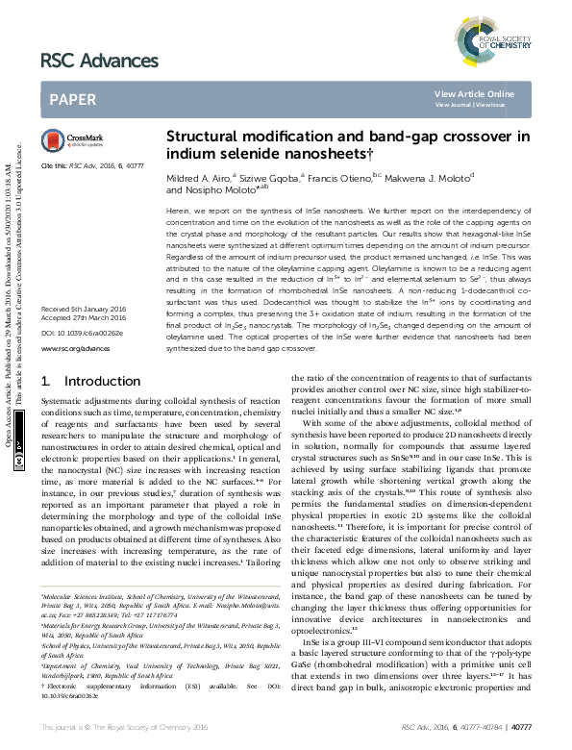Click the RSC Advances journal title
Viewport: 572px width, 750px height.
coord(99,61)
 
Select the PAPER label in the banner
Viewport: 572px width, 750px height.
coord(72,98)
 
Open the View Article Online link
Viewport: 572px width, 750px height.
coord(474,93)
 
